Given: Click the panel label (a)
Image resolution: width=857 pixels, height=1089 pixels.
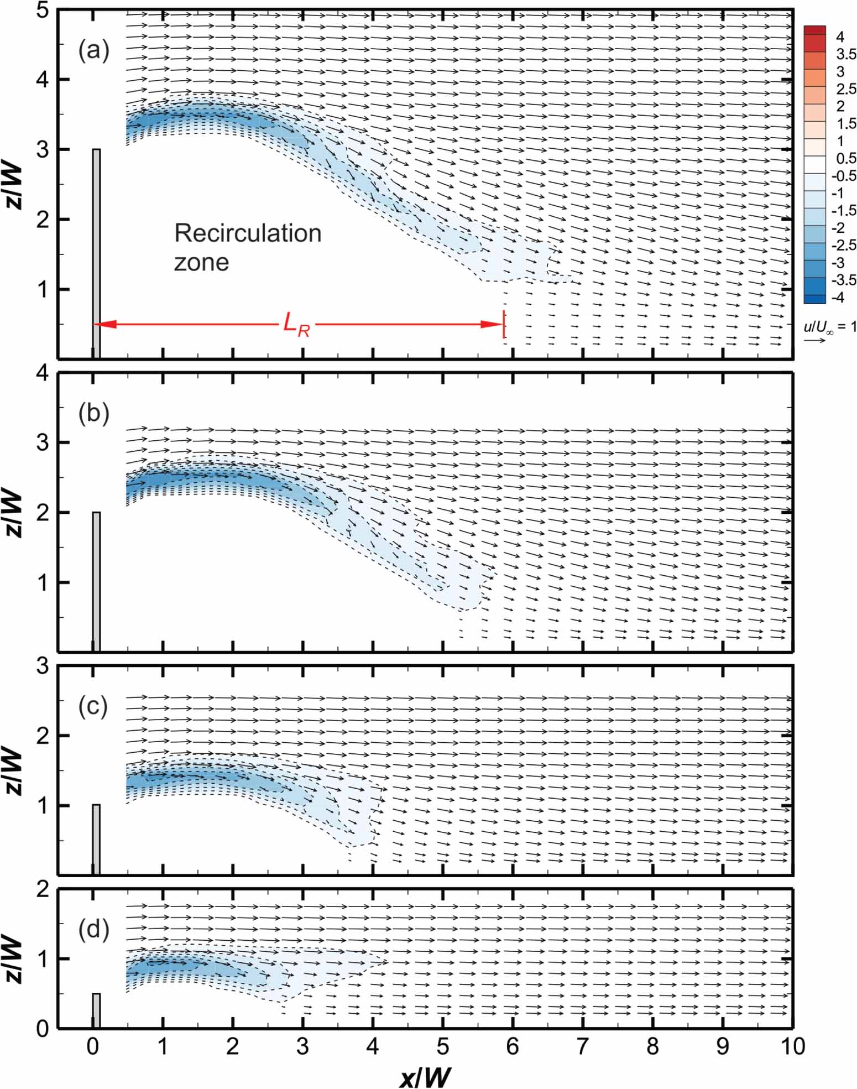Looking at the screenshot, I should click(x=93, y=51).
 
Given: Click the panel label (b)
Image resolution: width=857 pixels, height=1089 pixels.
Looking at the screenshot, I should click(x=93, y=414).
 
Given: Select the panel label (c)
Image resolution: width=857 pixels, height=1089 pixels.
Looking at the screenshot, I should click(x=93, y=707).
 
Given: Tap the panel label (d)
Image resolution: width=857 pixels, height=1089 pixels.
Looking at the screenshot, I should click(x=93, y=929).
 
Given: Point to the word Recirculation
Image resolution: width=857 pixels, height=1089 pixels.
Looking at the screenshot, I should click(x=248, y=233).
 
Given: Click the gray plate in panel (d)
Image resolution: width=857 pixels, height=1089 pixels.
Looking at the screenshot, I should click(x=96, y=1010).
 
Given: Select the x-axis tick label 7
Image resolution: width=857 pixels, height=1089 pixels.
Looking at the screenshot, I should click(x=583, y=1046).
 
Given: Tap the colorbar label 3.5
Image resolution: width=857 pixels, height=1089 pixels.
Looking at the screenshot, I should click(x=845, y=54).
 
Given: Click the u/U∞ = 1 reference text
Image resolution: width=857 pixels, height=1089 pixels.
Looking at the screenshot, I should click(x=829, y=327).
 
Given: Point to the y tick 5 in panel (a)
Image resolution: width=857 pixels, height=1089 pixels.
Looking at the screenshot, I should click(x=43, y=11).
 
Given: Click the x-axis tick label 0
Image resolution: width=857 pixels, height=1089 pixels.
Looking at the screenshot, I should click(x=93, y=1046).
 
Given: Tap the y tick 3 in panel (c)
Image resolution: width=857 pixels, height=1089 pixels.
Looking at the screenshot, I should click(x=43, y=667).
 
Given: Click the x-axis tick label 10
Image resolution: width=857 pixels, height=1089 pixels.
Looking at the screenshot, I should click(x=792, y=1046).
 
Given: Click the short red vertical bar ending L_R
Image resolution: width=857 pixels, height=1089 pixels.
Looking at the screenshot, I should click(x=504, y=324).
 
